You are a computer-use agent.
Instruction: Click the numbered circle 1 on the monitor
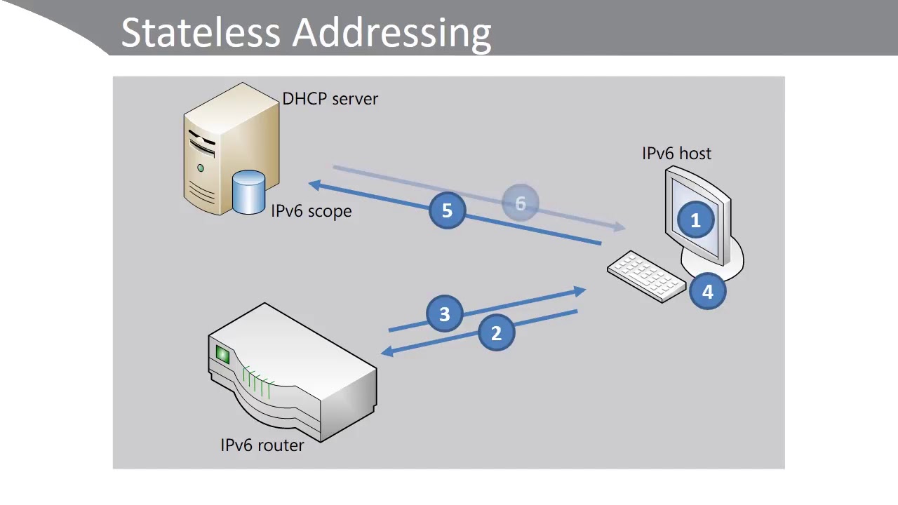[695, 221]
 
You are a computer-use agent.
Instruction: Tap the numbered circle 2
[497, 333]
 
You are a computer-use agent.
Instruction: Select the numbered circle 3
[445, 314]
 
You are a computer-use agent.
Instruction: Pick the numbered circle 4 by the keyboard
[707, 291]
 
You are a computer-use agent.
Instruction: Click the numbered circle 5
[448, 210]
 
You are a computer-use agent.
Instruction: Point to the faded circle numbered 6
[521, 203]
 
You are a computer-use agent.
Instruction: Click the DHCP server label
[330, 99]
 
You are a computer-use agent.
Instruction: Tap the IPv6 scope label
[311, 211]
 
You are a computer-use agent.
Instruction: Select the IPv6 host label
[676, 154]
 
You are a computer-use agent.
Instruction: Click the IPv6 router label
[262, 445]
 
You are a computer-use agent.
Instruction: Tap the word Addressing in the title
[391, 33]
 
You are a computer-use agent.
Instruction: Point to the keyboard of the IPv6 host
[645, 276]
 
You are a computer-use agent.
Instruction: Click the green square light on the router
[222, 355]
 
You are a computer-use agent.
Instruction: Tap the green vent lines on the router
[257, 382]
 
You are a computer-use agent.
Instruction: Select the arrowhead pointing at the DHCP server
[315, 184]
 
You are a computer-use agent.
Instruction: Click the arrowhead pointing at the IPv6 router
[387, 351]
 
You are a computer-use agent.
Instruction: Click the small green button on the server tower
[201, 168]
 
